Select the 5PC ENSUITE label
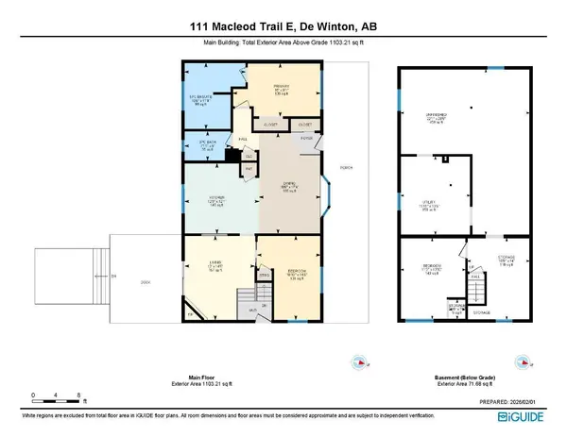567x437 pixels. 199,97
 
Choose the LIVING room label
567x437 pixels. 216,265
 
